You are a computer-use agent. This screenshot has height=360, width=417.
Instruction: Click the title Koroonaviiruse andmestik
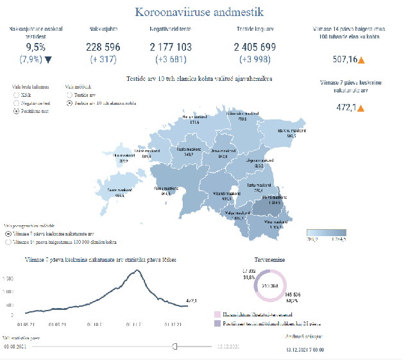[x=199, y=12]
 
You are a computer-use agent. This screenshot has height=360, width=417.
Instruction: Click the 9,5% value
[x=36, y=47]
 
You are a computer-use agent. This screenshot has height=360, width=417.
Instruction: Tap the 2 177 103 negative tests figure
[x=170, y=47]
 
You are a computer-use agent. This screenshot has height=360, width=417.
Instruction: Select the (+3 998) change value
[x=255, y=60]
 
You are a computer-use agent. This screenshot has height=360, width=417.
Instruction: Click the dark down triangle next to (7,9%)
[x=48, y=60]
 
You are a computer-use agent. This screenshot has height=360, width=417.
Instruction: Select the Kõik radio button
[x=15, y=94]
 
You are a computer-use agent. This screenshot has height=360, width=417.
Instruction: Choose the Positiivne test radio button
[x=15, y=110]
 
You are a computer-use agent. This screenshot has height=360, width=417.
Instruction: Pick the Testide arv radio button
[x=69, y=94]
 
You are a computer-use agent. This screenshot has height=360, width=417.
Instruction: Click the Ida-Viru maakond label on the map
[x=291, y=130]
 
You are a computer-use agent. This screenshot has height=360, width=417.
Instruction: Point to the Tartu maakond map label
[x=259, y=185]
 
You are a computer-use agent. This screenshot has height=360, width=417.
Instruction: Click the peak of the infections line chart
[x=137, y=271]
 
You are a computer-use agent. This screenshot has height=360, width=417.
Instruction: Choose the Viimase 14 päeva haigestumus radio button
[x=8, y=243]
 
